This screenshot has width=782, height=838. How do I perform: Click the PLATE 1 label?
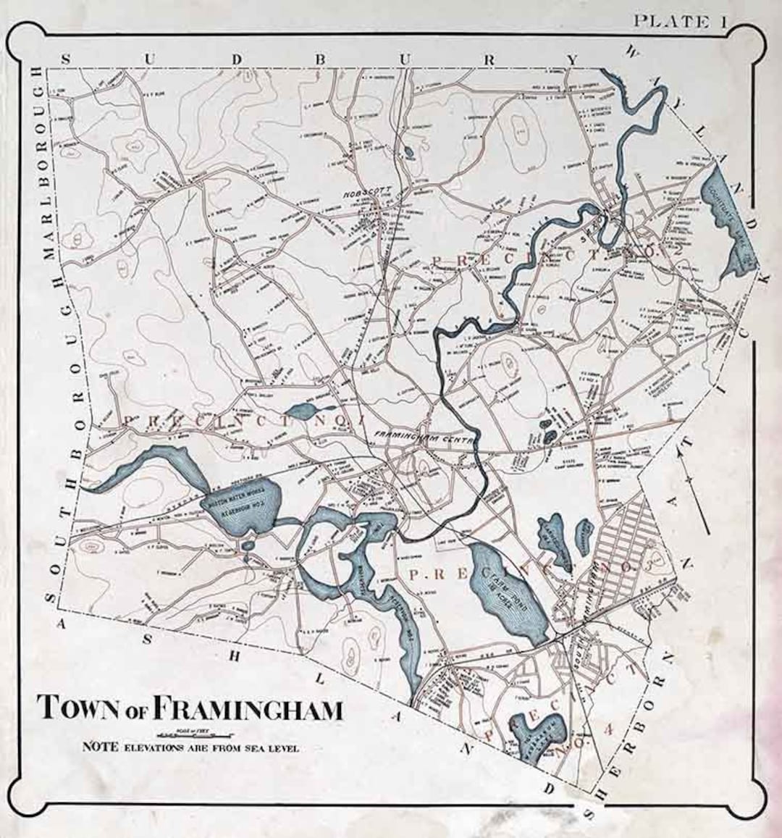point(680,22)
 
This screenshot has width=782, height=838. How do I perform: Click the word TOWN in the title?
point(80,708)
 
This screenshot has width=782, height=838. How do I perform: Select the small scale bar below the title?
point(190,732)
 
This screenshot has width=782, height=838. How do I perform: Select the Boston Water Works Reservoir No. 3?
point(239,511)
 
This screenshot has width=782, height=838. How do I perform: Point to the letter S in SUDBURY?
point(66,59)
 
